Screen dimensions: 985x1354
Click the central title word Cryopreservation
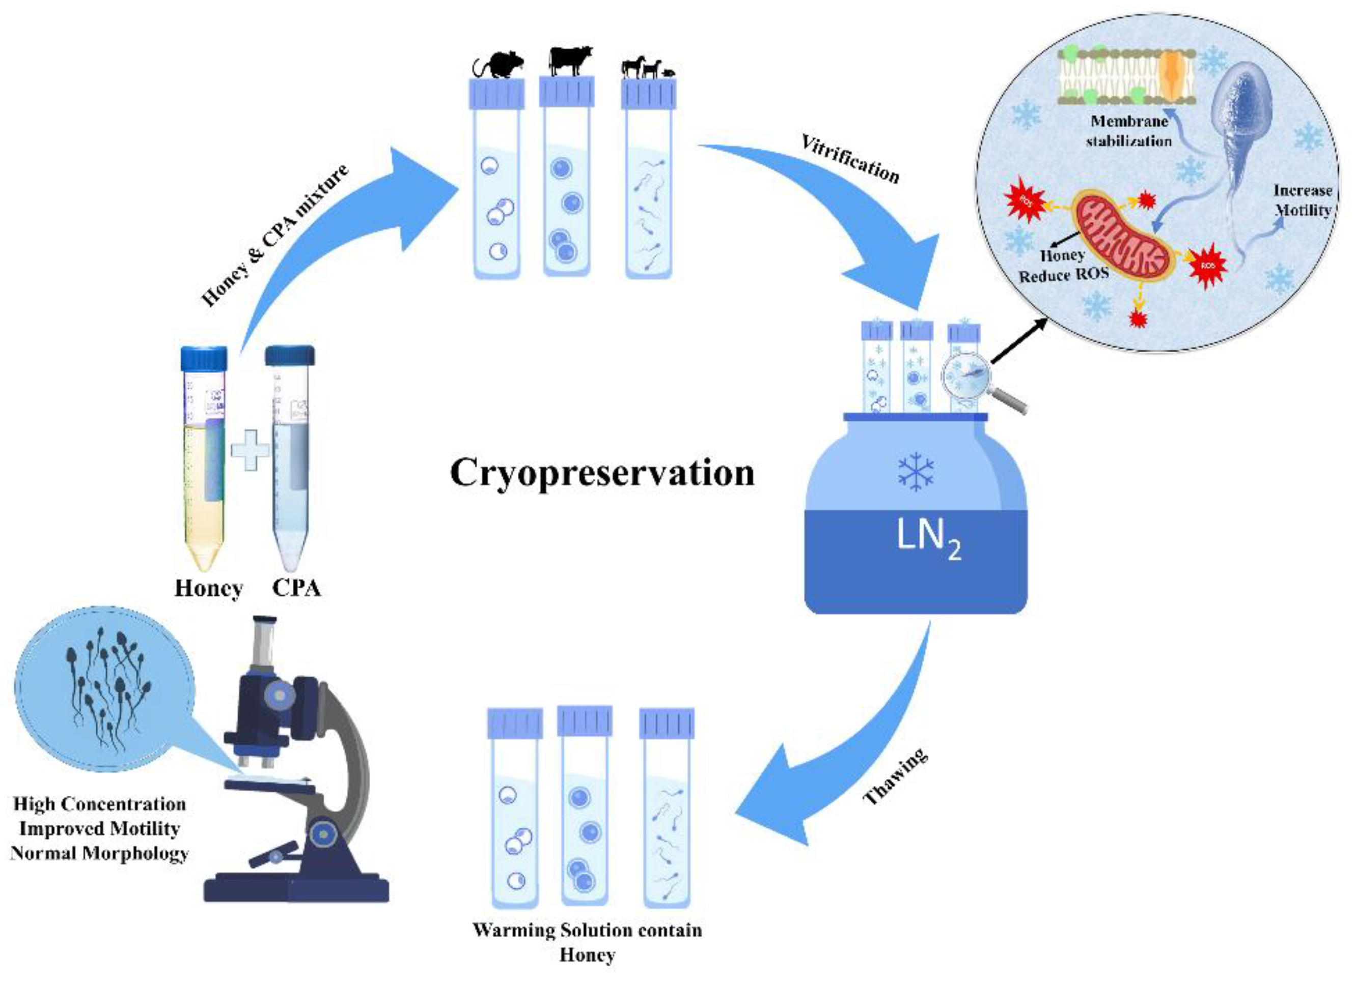tap(602, 473)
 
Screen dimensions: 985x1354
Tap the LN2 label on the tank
tap(928, 538)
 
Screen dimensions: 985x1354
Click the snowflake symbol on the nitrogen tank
tap(916, 471)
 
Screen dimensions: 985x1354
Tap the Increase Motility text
tap(1303, 200)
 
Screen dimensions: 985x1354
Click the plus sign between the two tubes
tap(250, 450)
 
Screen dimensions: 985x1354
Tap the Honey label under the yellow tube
tap(208, 588)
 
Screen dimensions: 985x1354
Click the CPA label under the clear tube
tap(297, 588)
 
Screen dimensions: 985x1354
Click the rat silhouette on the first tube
tap(499, 66)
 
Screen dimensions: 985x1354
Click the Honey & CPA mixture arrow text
tap(274, 236)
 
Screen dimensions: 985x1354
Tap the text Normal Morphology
tap(99, 854)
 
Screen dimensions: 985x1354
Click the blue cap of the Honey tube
tap(204, 359)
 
